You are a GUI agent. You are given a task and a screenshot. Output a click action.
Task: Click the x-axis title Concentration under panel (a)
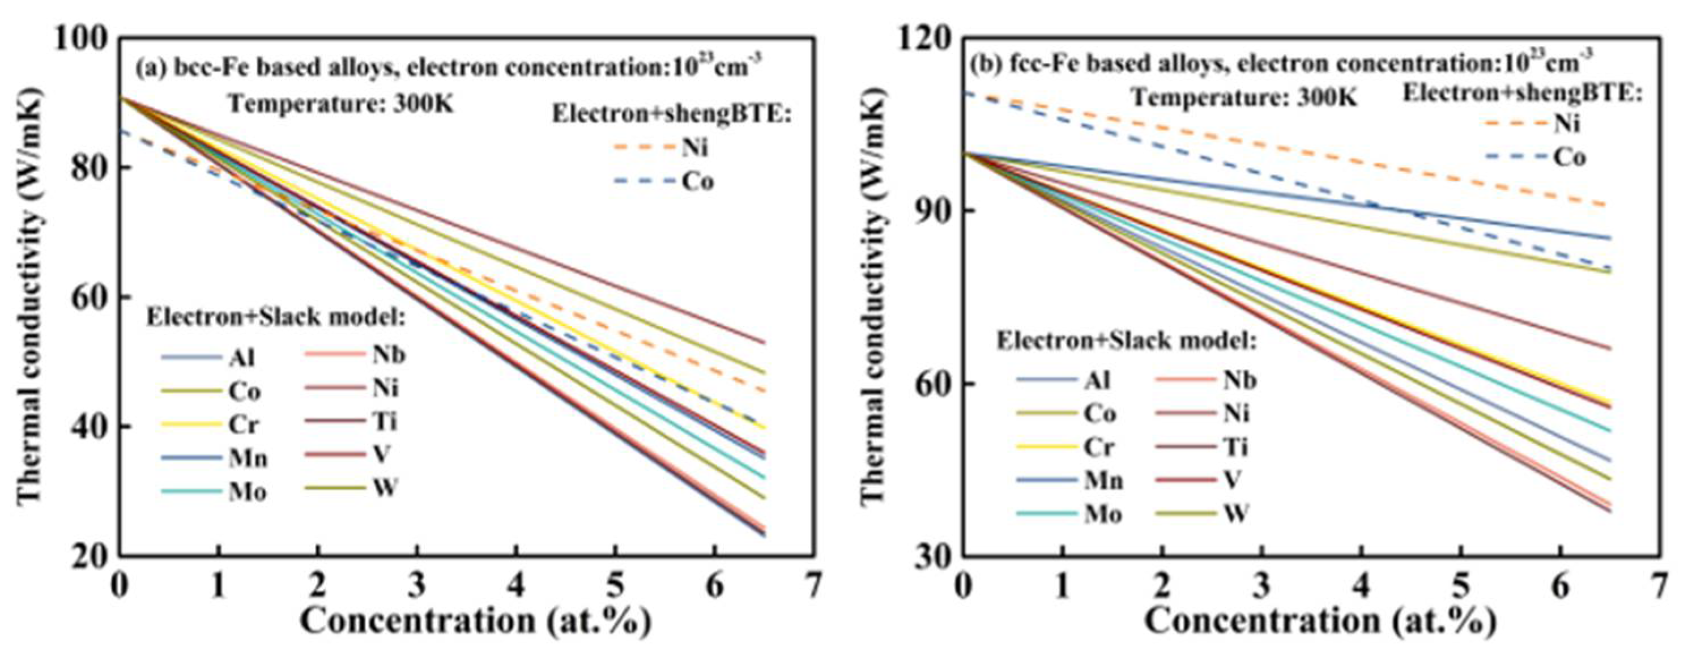tap(476, 619)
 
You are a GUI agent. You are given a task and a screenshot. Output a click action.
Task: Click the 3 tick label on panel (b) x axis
tap(1263, 585)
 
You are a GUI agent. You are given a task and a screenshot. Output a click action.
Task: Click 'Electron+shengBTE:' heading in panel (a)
tap(672, 114)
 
